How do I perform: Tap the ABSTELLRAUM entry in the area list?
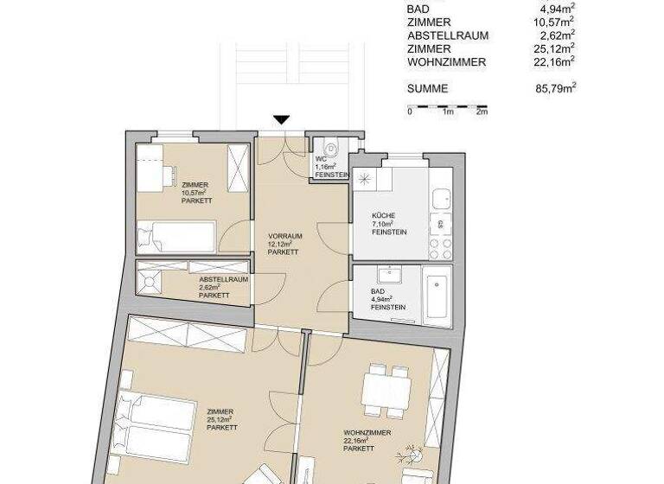click(447, 35)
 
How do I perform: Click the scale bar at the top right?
click(448, 108)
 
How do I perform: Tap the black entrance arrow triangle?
click(281, 120)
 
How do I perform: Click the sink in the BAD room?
click(387, 277)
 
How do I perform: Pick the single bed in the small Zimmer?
click(176, 236)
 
